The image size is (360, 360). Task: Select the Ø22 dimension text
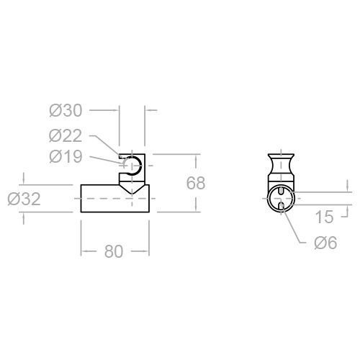(x=66, y=135)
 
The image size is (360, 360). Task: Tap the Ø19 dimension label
(x=66, y=157)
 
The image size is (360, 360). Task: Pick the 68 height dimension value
(x=196, y=183)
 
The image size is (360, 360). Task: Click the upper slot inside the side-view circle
(x=281, y=189)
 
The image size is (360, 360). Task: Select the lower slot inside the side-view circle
(x=281, y=207)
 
